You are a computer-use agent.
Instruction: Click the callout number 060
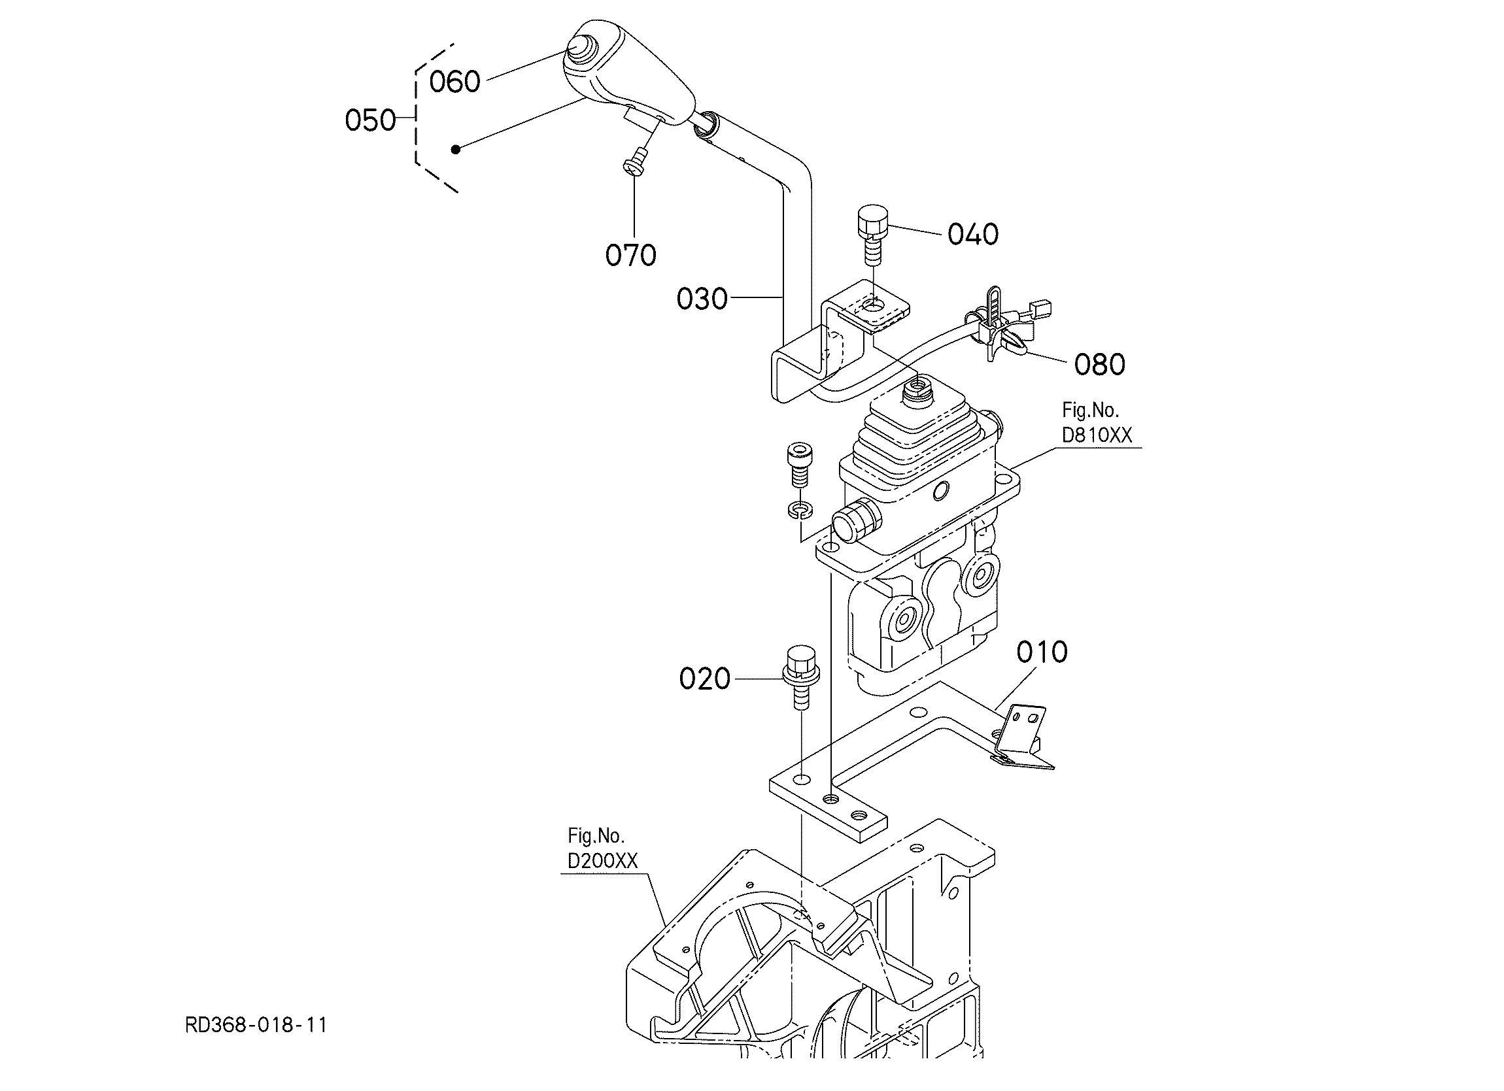(454, 82)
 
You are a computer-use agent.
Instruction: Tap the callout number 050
(370, 121)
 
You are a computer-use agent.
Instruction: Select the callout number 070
(630, 255)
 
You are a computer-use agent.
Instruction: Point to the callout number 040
(973, 234)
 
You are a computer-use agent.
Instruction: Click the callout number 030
(702, 299)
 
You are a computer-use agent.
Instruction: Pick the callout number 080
(1099, 365)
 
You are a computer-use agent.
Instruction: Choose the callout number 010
(1042, 652)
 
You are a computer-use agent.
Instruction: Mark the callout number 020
(704, 679)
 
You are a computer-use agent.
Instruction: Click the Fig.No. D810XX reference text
(1097, 423)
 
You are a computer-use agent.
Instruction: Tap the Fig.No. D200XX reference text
(602, 848)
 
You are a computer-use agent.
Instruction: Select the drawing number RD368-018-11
(256, 1026)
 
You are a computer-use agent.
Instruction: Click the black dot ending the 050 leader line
(456, 149)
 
